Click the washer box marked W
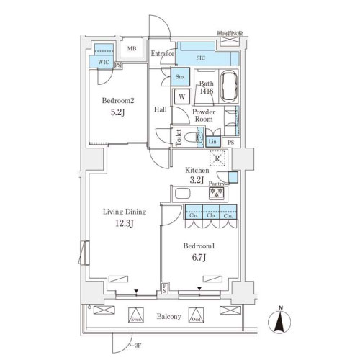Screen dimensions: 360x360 (x=181, y=96)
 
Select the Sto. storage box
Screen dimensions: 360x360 (x=180, y=76)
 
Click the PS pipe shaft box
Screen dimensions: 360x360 (x=230, y=143)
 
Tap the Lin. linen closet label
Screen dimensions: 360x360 (x=214, y=142)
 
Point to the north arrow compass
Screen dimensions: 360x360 (x=280, y=321)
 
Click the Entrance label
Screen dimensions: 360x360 (x=164, y=53)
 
